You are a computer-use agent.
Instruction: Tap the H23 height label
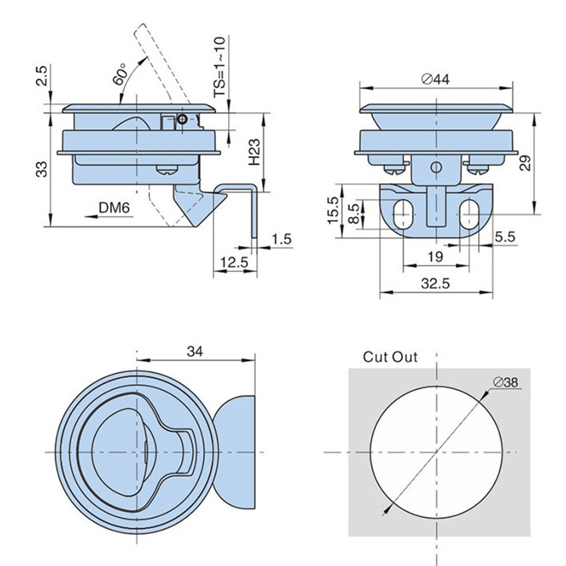pos(254,153)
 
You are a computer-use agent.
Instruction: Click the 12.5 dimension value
pos(234,262)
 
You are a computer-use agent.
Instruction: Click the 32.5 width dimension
pos(435,284)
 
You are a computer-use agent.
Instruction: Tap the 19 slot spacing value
pos(435,257)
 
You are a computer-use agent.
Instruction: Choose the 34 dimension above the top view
pos(195,351)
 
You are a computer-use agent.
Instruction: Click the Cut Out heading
pos(390,357)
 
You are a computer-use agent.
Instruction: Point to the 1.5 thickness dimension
pos(281,240)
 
